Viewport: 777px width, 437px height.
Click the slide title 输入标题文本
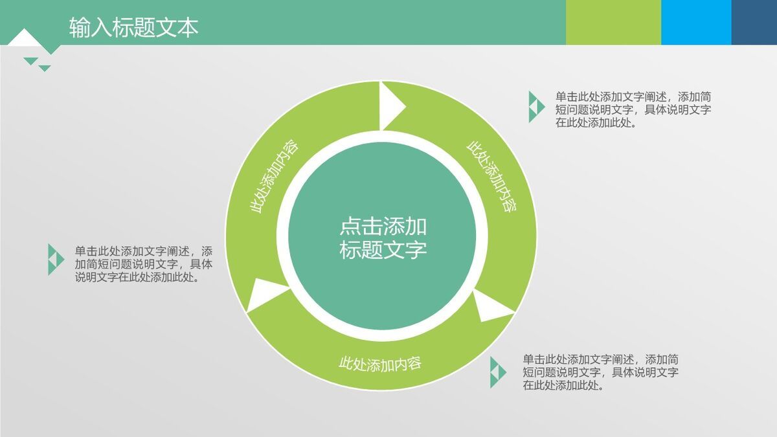[133, 27]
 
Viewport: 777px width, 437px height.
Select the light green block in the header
[613, 22]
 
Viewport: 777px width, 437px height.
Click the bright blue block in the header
[696, 22]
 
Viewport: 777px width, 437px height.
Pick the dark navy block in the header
[754, 22]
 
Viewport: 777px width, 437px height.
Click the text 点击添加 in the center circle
[383, 226]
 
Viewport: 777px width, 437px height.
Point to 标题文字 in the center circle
[383, 250]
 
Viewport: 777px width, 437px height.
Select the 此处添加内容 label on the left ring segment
[274, 176]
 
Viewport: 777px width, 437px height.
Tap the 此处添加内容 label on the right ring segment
[491, 177]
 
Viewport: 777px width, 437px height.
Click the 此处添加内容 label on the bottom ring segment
[380, 363]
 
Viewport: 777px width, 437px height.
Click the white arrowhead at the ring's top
[390, 104]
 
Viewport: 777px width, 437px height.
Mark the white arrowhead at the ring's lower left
[265, 293]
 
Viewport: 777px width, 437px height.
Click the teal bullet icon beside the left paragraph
[55, 259]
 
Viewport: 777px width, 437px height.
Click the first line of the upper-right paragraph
[633, 96]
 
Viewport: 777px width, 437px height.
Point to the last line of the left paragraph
[137, 277]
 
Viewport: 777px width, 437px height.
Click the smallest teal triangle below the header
[45, 67]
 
